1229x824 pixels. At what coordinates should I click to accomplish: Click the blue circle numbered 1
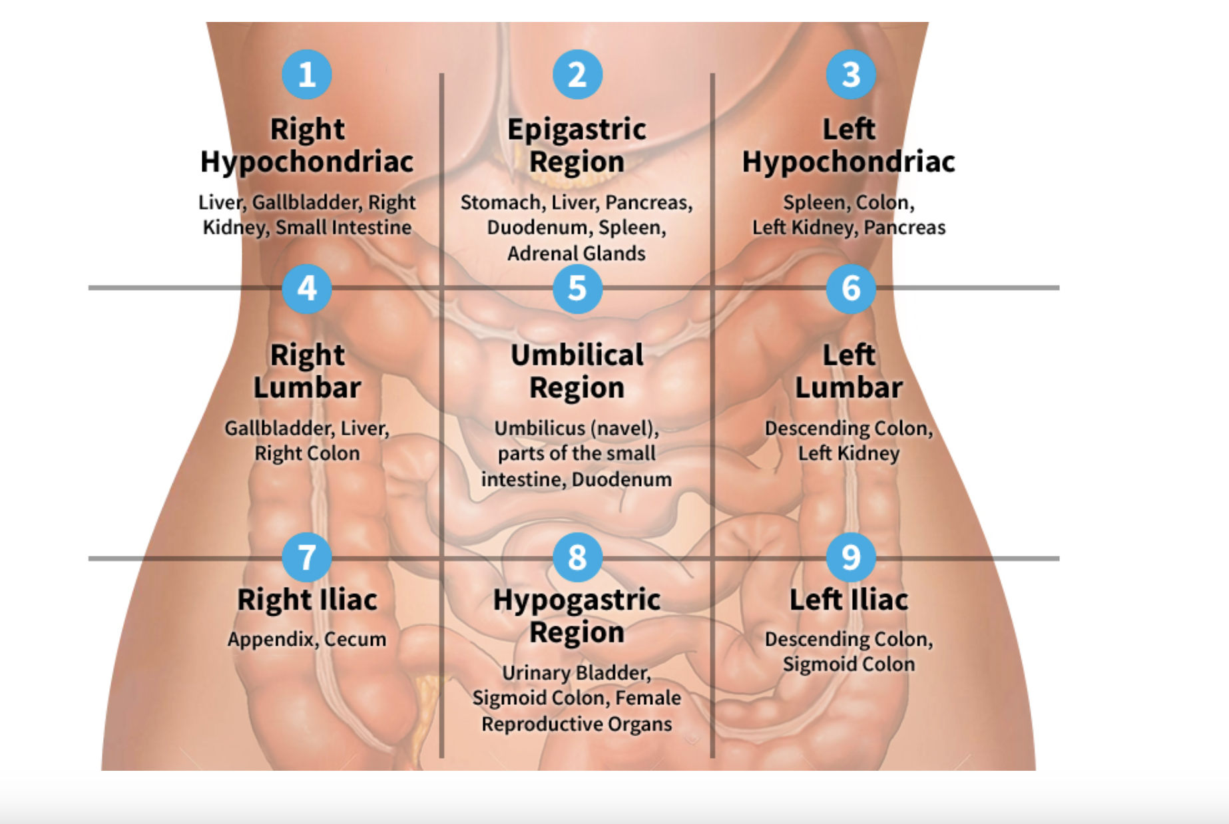point(306,75)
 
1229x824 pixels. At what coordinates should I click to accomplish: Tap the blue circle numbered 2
point(577,75)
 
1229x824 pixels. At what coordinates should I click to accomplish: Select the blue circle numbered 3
point(850,75)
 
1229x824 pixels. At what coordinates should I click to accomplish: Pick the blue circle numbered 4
point(306,288)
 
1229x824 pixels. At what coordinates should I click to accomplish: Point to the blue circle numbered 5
point(577,288)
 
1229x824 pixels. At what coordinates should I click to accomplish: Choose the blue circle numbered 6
point(850,288)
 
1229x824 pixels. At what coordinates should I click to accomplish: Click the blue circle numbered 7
point(306,557)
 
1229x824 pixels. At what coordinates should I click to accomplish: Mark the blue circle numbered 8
point(577,557)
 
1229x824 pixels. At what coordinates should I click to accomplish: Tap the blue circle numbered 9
point(850,557)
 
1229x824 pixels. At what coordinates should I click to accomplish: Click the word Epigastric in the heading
point(577,130)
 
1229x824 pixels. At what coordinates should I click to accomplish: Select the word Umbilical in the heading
point(577,355)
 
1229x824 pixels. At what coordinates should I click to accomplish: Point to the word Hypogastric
point(577,600)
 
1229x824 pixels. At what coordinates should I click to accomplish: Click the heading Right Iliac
point(307,600)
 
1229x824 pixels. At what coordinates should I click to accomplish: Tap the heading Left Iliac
point(849,600)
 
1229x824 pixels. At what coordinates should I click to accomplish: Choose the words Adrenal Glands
point(577,254)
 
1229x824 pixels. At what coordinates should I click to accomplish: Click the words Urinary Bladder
point(577,673)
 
